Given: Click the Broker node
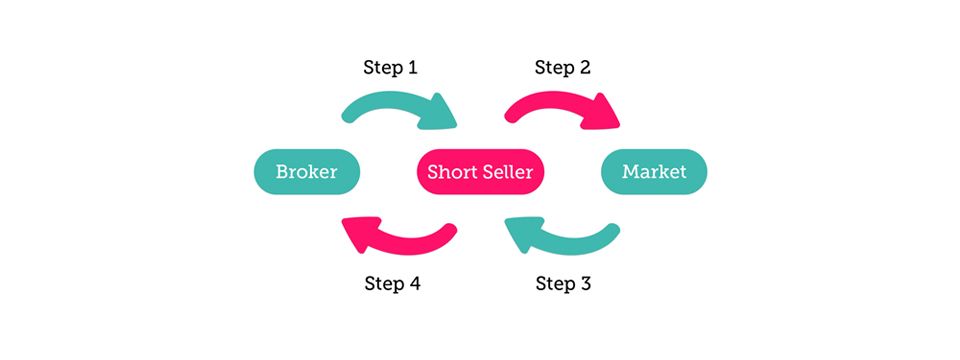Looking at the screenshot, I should pyautogui.click(x=305, y=172).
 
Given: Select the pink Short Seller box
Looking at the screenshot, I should pyautogui.click(x=479, y=172).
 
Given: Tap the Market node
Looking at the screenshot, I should pyautogui.click(x=654, y=172).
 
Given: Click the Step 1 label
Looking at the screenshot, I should pyautogui.click(x=389, y=68).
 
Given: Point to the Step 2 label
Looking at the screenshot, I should pyautogui.click(x=563, y=68).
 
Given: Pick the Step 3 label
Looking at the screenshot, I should pyautogui.click(x=563, y=283).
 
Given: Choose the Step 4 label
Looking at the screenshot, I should pyautogui.click(x=390, y=283).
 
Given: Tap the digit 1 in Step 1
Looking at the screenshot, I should pyautogui.click(x=412, y=68).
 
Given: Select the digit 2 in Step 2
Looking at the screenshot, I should pyautogui.click(x=585, y=68).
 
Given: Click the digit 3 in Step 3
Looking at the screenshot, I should pyautogui.click(x=585, y=283).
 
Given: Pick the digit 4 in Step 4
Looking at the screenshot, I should pyautogui.click(x=413, y=283).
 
